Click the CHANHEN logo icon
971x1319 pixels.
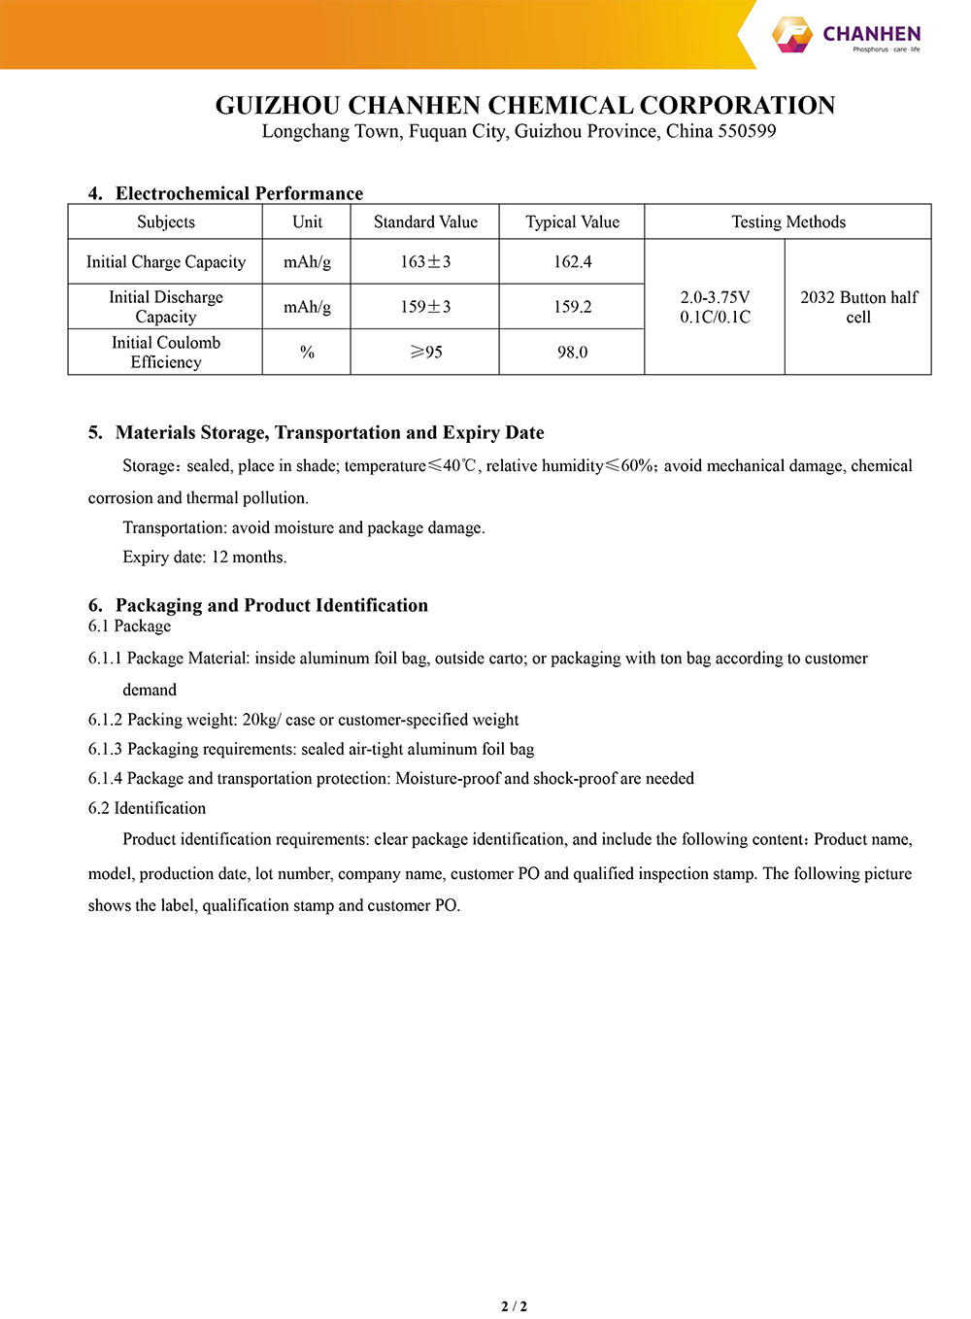(791, 34)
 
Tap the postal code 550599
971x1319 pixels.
(747, 131)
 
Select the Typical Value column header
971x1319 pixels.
(572, 222)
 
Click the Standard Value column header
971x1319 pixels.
(425, 222)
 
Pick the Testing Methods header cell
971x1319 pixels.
(787, 222)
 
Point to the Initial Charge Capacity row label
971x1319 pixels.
(166, 262)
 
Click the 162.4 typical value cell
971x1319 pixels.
(572, 262)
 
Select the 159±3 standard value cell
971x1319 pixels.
(425, 307)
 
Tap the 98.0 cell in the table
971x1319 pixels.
(572, 353)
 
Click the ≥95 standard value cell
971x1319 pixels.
(425, 353)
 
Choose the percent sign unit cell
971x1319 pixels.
(307, 353)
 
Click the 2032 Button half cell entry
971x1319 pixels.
(858, 307)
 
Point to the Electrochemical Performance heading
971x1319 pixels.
(239, 193)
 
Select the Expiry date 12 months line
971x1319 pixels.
(204, 558)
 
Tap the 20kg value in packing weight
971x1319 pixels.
(259, 720)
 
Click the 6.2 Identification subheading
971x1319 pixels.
(147, 808)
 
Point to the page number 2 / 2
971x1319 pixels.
(514, 1306)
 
